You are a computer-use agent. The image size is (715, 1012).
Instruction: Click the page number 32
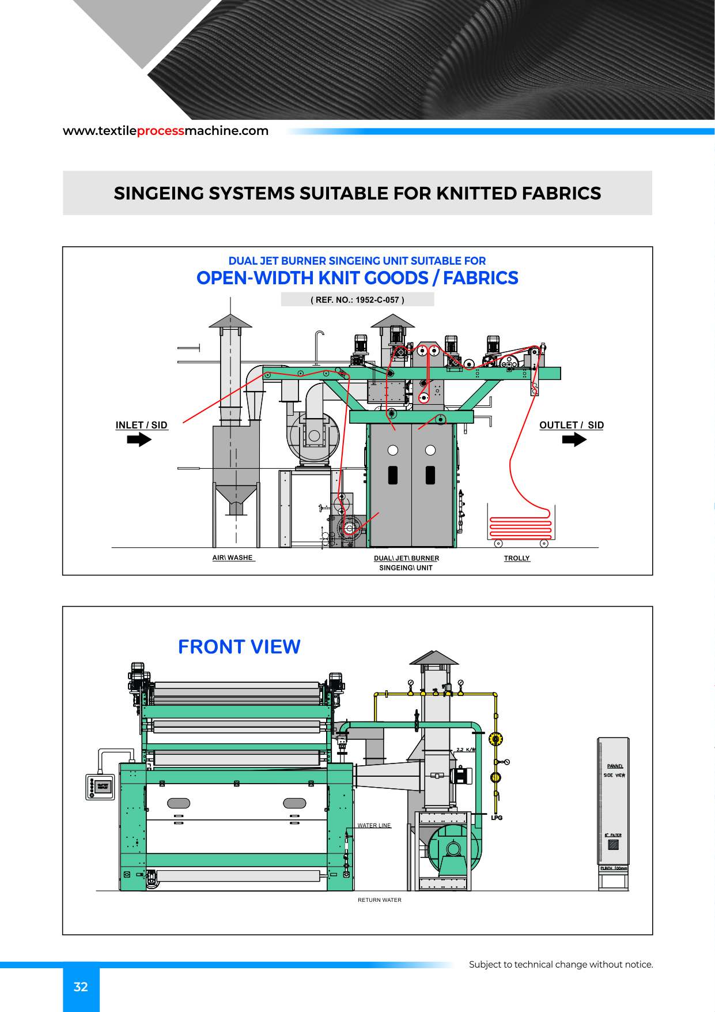click(81, 987)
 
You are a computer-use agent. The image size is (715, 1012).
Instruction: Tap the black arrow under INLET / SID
click(139, 440)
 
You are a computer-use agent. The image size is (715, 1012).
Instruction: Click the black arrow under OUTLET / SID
click(574, 440)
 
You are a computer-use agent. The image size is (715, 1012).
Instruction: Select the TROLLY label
click(517, 558)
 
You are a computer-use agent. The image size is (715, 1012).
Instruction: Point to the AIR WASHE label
click(233, 558)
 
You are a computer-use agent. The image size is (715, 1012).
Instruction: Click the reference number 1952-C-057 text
click(357, 300)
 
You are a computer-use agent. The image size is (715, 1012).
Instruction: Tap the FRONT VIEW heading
click(239, 647)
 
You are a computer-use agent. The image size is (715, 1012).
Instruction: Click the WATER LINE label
click(374, 826)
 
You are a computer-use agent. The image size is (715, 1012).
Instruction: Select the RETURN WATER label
click(380, 900)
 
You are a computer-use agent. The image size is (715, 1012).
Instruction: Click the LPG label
click(497, 818)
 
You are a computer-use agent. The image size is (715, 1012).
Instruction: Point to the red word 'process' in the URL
click(161, 131)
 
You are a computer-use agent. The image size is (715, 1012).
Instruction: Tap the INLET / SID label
click(141, 425)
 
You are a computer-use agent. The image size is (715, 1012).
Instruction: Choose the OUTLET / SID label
click(572, 425)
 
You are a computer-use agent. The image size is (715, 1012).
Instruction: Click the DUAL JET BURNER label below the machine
click(406, 558)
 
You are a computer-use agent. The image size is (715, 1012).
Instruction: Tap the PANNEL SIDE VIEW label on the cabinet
click(614, 771)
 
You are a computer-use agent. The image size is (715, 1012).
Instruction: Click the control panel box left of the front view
click(100, 787)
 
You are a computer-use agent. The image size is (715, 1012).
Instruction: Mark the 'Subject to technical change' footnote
click(561, 964)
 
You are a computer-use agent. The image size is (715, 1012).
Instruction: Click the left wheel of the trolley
click(499, 543)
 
